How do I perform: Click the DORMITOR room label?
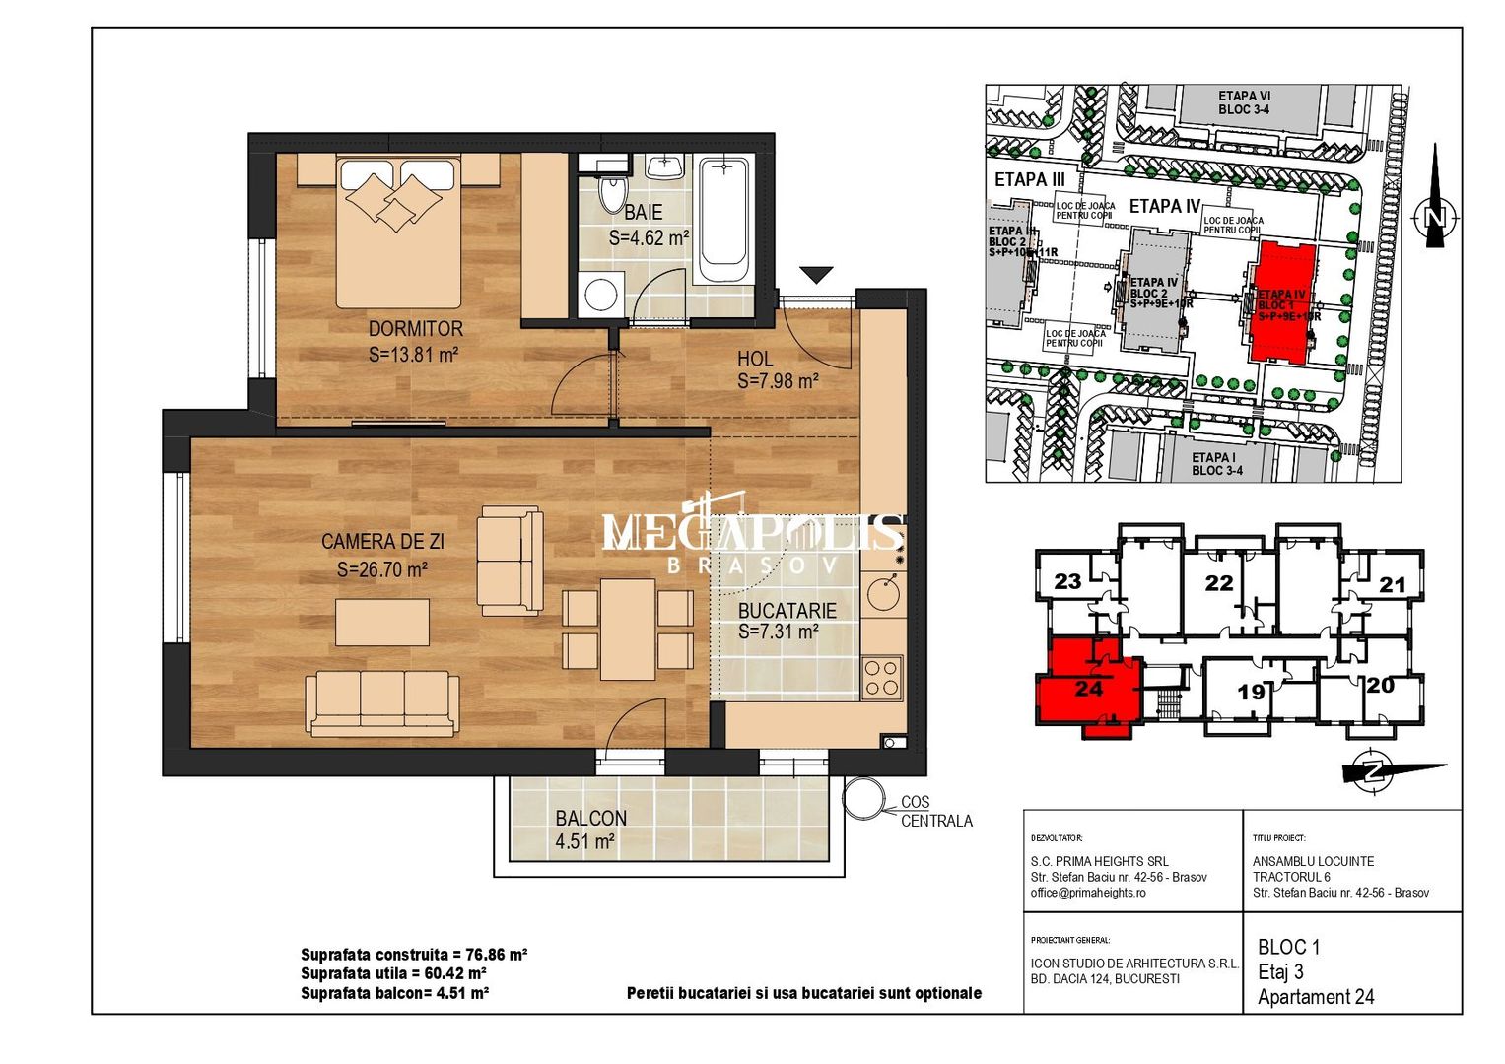pos(415,329)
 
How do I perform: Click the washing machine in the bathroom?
pos(600,293)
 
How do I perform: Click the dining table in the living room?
pos(628,629)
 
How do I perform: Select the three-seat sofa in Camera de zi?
pos(381,703)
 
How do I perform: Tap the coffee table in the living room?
pos(381,623)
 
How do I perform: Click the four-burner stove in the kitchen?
pos(881,677)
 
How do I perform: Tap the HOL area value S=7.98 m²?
pos(778,381)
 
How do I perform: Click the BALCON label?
pos(590,818)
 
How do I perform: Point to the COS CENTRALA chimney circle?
pos(865,798)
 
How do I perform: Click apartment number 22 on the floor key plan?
pos(1219,583)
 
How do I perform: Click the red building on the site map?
pos(1282,303)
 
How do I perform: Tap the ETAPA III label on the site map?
pos(1030,180)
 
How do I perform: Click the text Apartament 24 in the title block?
pos(1315,997)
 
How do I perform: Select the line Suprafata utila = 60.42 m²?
pos(393,973)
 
